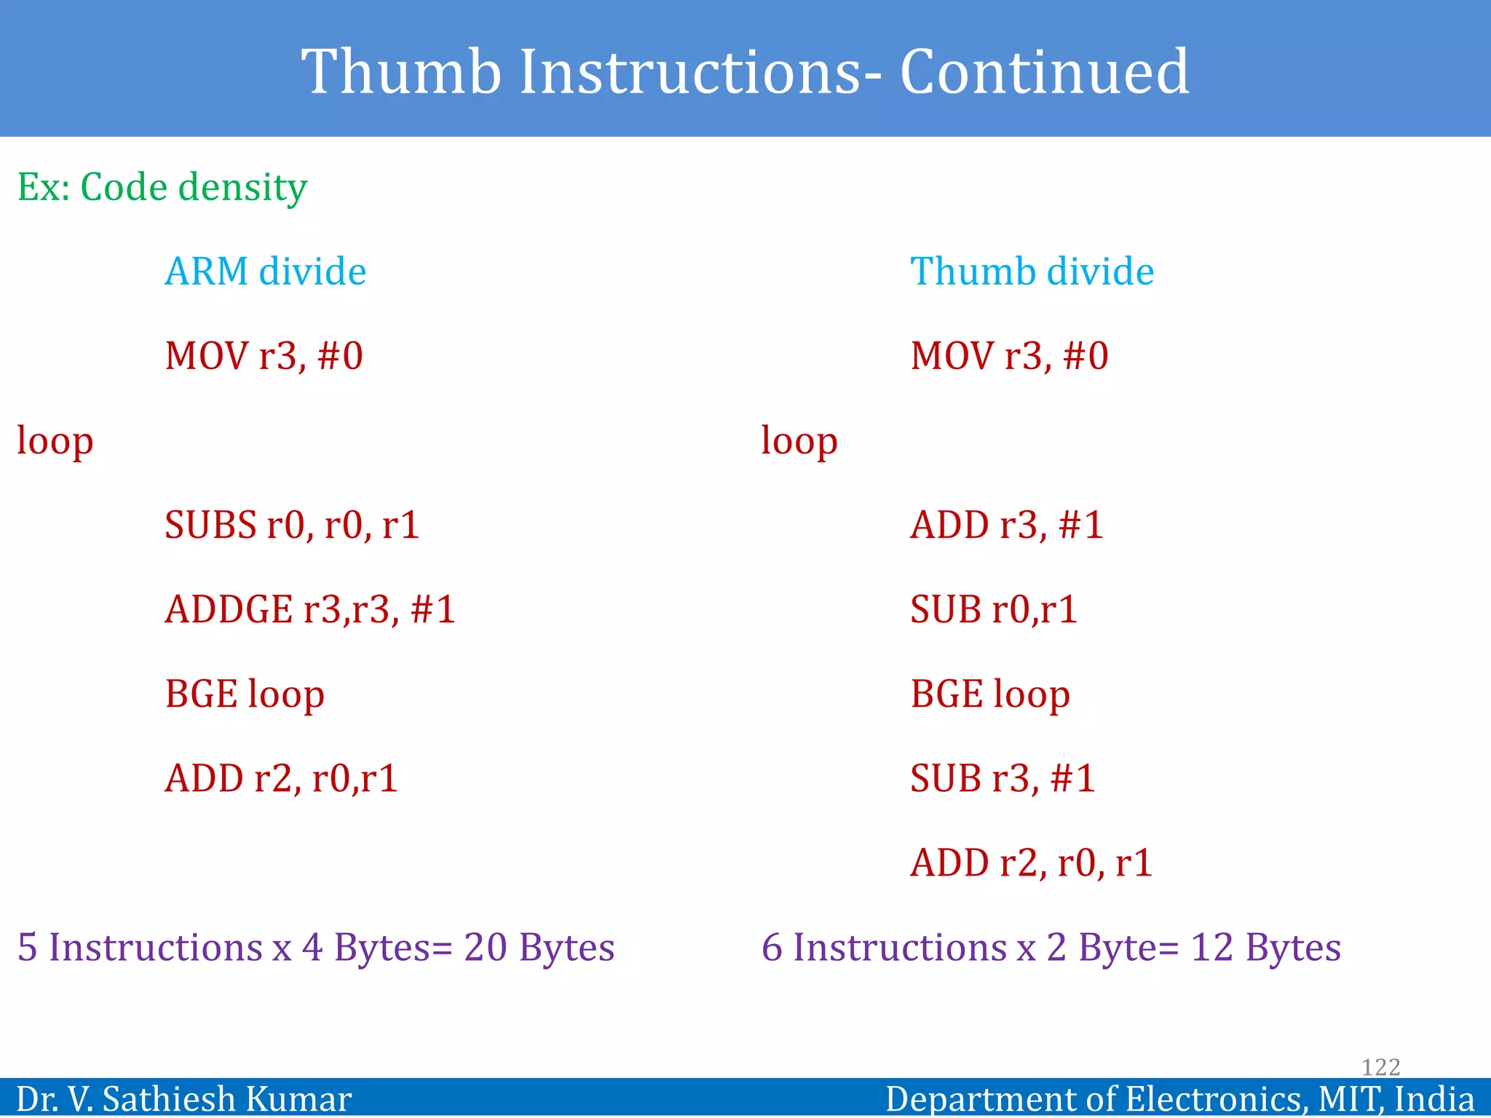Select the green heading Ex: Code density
click(162, 187)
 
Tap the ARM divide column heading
click(265, 271)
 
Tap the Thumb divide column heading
click(1032, 271)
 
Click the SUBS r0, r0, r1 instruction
click(292, 525)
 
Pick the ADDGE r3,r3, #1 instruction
click(310, 609)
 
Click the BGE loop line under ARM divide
click(245, 694)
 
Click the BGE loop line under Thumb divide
click(990, 694)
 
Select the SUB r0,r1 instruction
click(994, 609)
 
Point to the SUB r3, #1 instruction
click(1002, 778)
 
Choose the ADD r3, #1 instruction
click(1007, 525)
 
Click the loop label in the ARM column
click(55, 441)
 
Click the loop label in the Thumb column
click(799, 441)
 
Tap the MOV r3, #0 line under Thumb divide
click(1009, 356)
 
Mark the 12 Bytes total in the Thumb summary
click(1265, 948)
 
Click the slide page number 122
click(1380, 1067)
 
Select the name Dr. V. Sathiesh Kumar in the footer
click(183, 1098)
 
